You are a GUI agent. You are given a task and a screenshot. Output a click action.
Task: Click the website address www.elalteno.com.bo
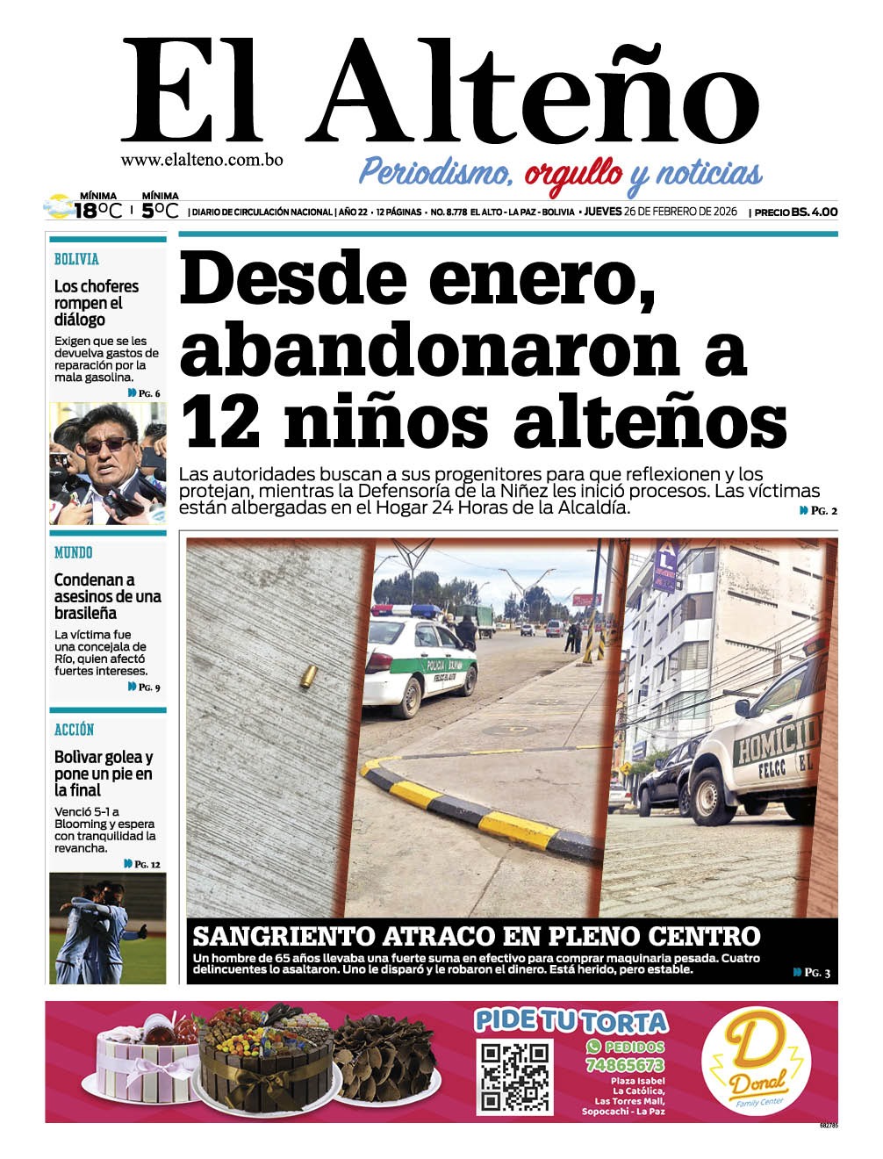coord(202,161)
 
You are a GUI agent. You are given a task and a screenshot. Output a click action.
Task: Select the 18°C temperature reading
coord(97,211)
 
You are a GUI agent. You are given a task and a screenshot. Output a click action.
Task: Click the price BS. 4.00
coord(814,212)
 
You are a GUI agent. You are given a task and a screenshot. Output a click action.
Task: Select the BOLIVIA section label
coord(76,259)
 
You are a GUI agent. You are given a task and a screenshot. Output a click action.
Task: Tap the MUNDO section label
coord(73,552)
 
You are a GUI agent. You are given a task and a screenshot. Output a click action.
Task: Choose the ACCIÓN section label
coord(74,730)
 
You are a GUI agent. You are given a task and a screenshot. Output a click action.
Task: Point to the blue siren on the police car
coord(427,609)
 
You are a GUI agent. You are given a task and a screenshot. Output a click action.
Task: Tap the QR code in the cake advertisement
coord(514,1076)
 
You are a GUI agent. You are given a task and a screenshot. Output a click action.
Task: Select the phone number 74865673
coord(625,1064)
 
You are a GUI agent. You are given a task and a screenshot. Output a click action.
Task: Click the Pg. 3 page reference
coord(812,972)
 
